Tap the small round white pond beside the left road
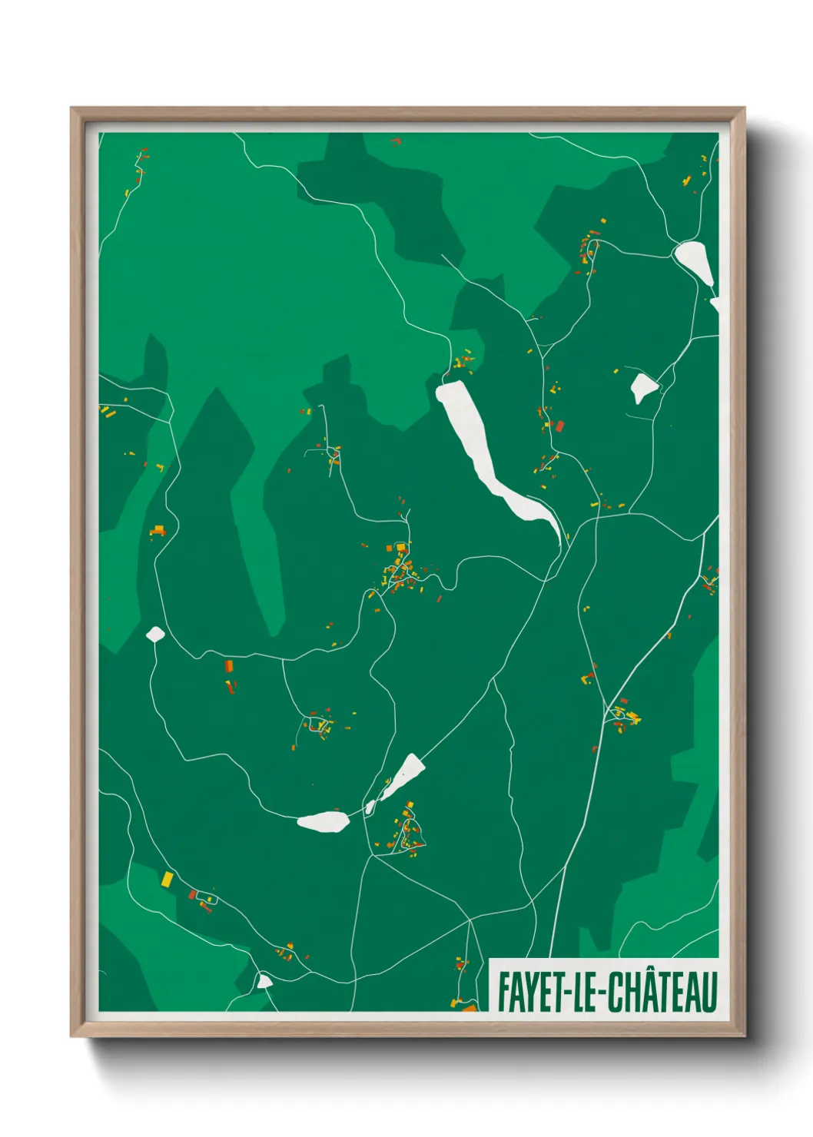tap(155, 634)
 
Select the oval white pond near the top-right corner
tap(695, 260)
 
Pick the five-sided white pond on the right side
tap(642, 387)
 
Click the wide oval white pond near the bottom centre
tap(324, 822)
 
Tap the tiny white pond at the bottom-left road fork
tap(264, 981)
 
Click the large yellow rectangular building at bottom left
tap(167, 878)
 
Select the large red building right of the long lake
tap(560, 426)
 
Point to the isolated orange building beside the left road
tap(158, 529)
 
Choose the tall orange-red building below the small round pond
tap(228, 666)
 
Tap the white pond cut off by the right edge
tap(715, 305)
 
